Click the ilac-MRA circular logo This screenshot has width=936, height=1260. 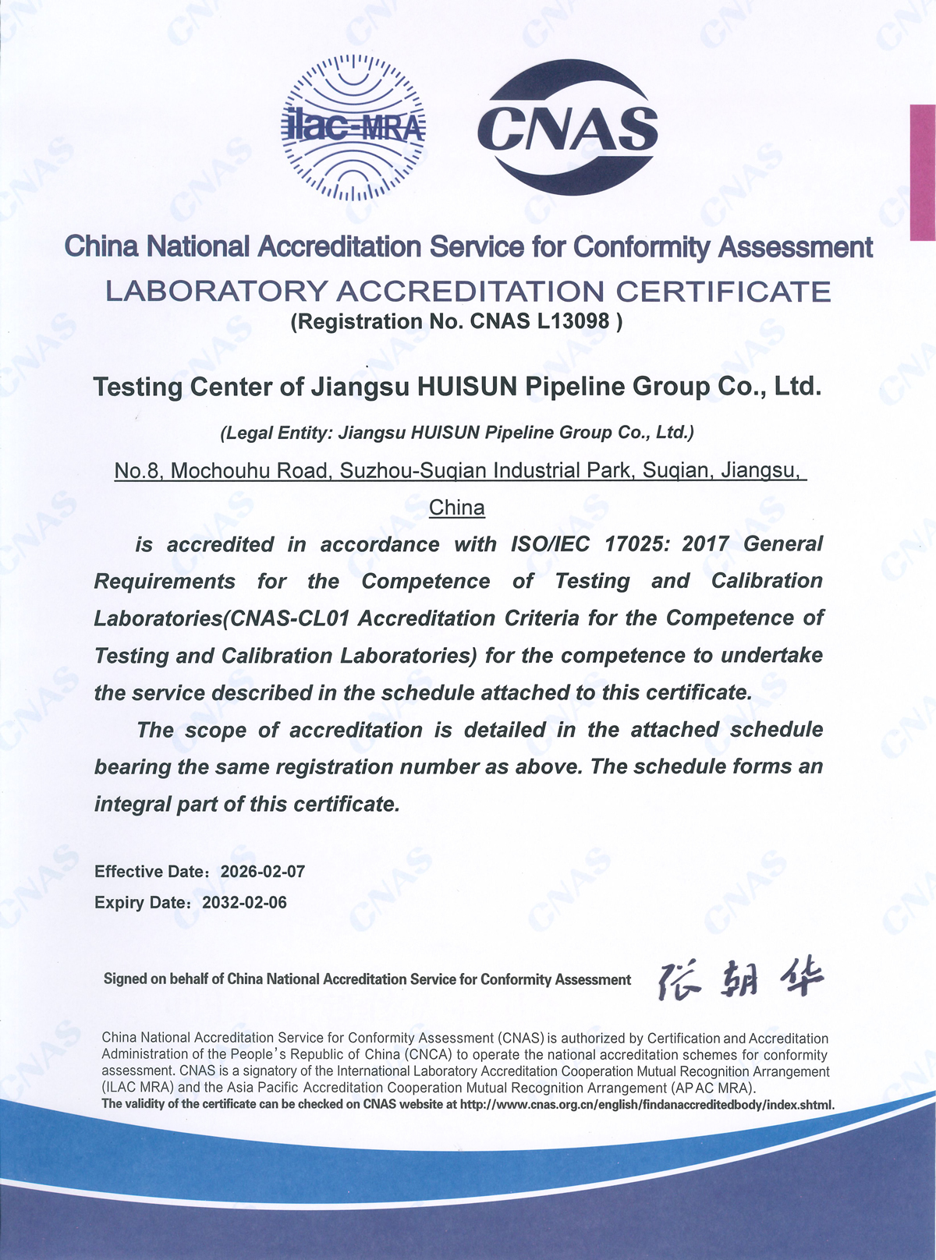tap(353, 128)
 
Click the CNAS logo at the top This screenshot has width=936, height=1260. tap(568, 128)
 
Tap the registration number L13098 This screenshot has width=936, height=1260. tap(573, 321)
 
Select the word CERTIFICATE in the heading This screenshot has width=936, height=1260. tap(723, 292)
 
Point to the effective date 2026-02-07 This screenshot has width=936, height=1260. tap(263, 872)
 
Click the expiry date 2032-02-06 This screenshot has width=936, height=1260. tap(244, 903)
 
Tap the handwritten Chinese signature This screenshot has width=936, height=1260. tap(739, 978)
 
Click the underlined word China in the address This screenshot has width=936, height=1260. tap(457, 508)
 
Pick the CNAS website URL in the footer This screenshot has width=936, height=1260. tap(647, 1104)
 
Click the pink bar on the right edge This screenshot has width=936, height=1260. tap(923, 172)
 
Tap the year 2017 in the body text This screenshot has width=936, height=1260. tap(705, 544)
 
